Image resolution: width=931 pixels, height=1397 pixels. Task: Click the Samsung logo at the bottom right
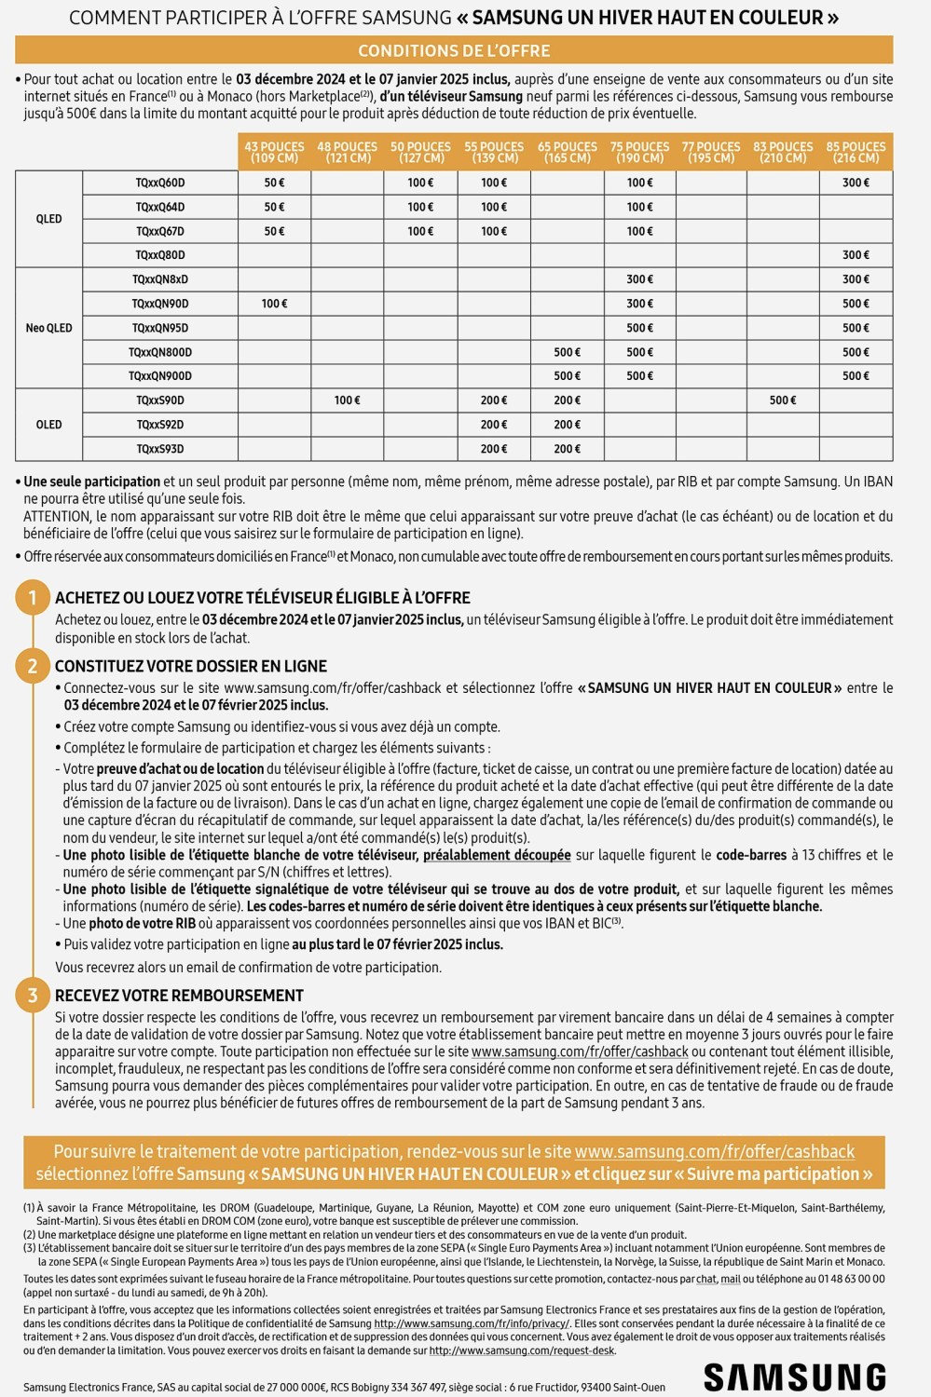tap(794, 1377)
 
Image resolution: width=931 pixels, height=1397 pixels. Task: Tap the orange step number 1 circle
tap(33, 597)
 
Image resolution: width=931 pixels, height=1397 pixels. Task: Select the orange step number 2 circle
tap(33, 666)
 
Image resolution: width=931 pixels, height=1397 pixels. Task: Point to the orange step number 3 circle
tap(33, 996)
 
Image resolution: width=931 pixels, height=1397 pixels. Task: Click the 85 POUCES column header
tap(856, 152)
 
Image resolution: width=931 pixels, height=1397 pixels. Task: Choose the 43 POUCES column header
tap(274, 152)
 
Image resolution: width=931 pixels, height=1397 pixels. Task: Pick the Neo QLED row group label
tap(48, 328)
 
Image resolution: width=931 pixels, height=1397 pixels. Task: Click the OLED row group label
tap(48, 425)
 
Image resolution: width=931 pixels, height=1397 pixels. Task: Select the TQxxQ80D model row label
tap(160, 255)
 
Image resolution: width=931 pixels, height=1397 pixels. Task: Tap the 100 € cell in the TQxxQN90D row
tap(274, 304)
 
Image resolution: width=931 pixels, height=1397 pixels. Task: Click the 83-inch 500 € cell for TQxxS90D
tap(783, 400)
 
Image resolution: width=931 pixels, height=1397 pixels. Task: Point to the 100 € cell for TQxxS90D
tap(347, 400)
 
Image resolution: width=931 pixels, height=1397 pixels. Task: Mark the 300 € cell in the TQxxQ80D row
tap(856, 255)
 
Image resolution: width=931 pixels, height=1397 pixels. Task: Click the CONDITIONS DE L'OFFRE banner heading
tap(454, 50)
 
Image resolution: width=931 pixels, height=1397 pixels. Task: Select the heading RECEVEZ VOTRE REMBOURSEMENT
tap(179, 996)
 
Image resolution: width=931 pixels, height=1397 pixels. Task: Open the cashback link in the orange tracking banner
tap(714, 1151)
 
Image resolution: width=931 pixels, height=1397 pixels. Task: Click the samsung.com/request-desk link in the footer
tap(522, 1350)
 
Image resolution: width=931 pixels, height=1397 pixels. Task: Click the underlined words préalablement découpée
tap(497, 855)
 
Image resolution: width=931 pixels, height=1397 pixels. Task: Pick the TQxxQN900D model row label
tap(160, 376)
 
